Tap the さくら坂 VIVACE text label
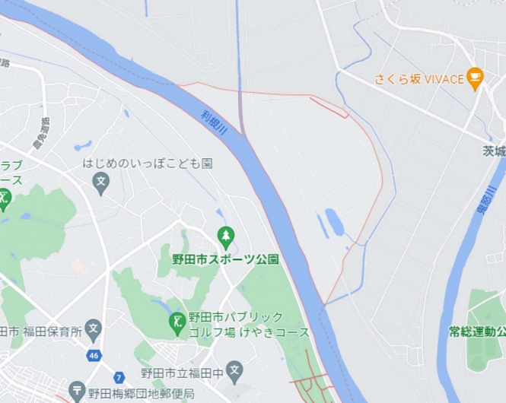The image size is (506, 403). coord(418,78)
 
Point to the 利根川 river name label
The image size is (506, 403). coord(215,123)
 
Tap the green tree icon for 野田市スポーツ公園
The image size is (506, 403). coord(225,236)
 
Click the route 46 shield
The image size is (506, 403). coord(94,355)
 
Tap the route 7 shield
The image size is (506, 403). coord(119,377)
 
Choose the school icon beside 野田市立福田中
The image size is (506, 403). coord(234,373)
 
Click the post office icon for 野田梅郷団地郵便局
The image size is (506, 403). coord(77,392)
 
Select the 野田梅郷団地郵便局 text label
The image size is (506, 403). coord(141,394)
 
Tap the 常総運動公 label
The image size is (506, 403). coord(476,332)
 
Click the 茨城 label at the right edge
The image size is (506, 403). coord(494,151)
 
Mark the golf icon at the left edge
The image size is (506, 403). coord(4,200)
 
